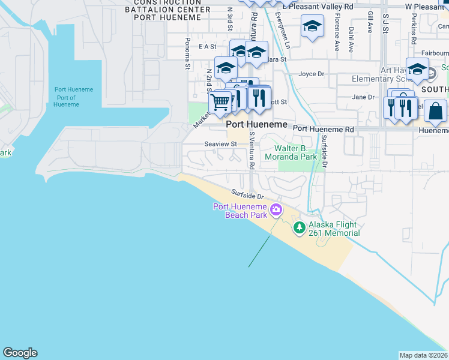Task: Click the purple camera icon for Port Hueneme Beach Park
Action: (x=276, y=209)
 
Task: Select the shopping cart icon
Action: (x=220, y=102)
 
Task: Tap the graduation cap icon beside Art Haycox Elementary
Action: (x=417, y=69)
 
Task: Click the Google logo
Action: (x=20, y=353)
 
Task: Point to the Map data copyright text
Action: (x=423, y=355)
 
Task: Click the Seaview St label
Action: (x=220, y=144)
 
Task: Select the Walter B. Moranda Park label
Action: (x=295, y=152)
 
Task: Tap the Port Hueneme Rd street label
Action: (x=323, y=129)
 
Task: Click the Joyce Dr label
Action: (x=311, y=74)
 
